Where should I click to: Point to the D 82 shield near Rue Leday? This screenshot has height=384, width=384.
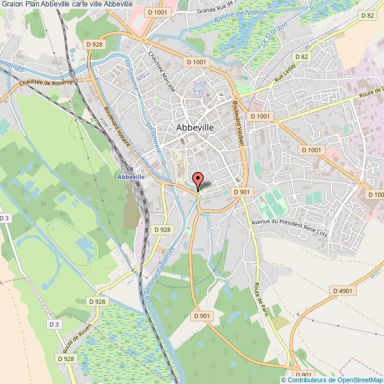[302, 57]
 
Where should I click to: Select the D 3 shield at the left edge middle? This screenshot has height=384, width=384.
[5, 218]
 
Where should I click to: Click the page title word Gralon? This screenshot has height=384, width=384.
[12, 4]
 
